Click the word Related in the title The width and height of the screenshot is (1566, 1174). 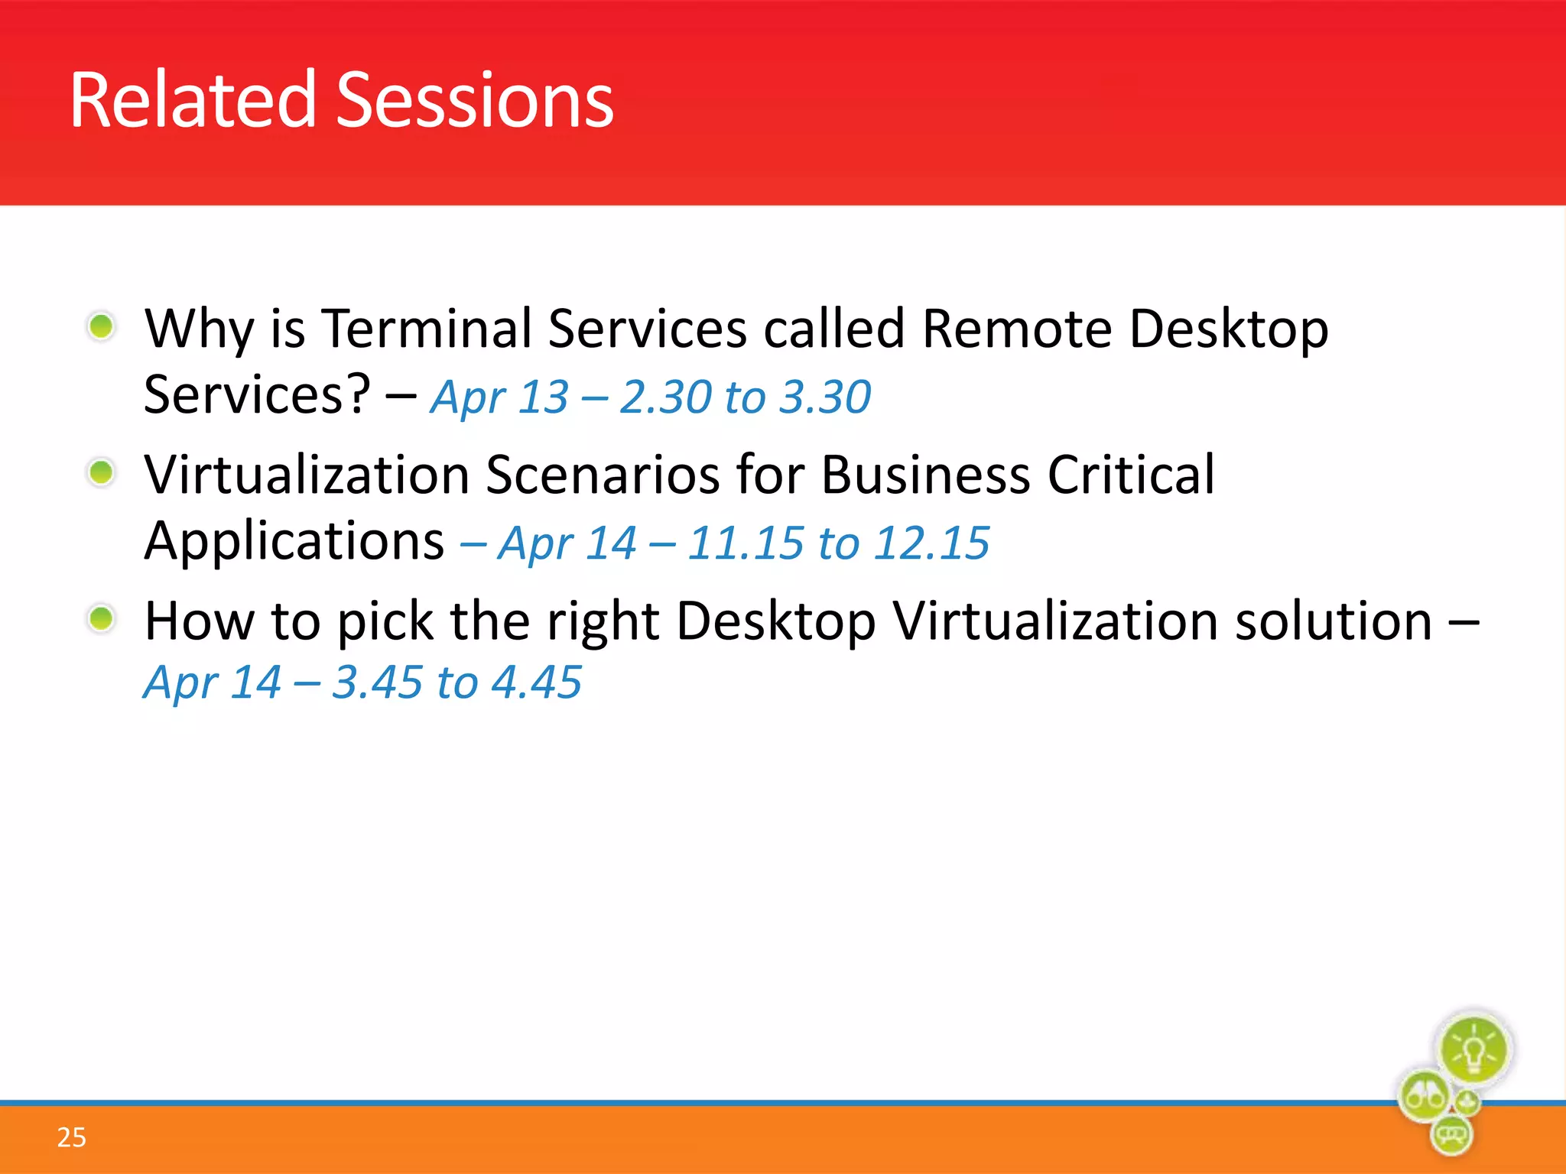192,100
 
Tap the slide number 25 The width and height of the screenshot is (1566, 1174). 71,1137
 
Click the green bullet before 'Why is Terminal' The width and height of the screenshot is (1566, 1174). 101,327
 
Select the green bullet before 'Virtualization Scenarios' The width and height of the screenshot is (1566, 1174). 101,472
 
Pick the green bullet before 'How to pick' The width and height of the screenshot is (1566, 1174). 101,618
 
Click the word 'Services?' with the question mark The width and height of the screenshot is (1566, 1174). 257,395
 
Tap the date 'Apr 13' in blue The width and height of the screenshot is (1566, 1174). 499,397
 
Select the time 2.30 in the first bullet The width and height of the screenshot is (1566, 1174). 665,397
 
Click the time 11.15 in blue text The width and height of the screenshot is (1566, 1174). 745,543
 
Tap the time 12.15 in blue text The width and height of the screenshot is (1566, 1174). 931,543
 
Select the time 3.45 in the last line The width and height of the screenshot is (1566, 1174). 377,683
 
